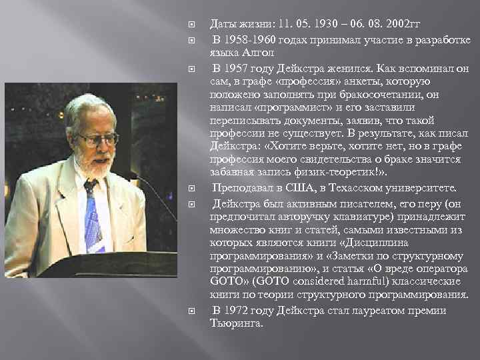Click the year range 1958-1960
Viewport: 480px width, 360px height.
coord(250,41)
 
